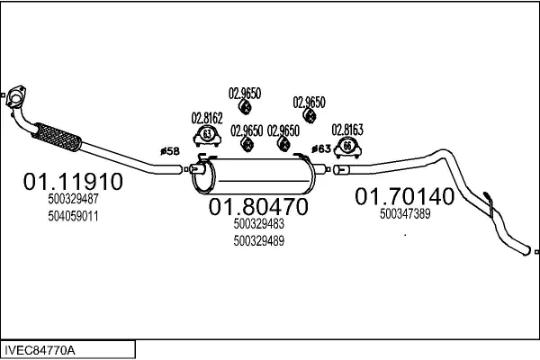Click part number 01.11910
[x=73, y=182]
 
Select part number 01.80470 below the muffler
[x=258, y=207]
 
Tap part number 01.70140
[x=405, y=196]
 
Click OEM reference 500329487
[x=74, y=199]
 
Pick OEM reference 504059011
[x=74, y=216]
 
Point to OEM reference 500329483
[x=259, y=224]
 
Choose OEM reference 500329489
[x=259, y=241]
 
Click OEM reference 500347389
[x=405, y=214]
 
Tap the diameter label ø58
[x=170, y=151]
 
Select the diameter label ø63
[x=321, y=148]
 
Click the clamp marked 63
[x=207, y=136]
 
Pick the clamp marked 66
[x=347, y=148]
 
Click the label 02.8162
[x=207, y=118]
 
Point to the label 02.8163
[x=347, y=130]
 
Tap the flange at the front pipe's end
[x=15, y=96]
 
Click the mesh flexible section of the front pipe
[x=58, y=137]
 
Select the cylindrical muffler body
[x=254, y=175]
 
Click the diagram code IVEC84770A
[x=40, y=351]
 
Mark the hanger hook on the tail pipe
[x=490, y=204]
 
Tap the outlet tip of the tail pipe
[x=526, y=250]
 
